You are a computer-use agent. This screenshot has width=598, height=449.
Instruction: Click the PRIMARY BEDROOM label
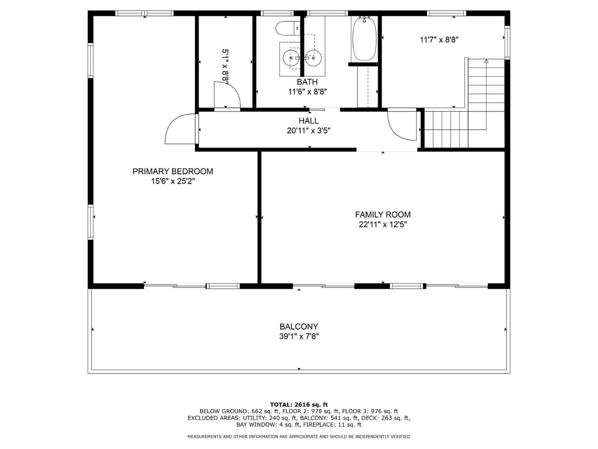(173, 171)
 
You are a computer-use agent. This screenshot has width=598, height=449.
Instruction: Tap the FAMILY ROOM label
(383, 215)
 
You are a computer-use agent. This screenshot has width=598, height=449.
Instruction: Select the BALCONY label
(299, 326)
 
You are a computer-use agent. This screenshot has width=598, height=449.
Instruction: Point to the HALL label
(308, 121)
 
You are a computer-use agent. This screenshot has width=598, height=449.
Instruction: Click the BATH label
(307, 82)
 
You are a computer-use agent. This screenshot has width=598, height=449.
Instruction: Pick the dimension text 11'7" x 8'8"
(439, 40)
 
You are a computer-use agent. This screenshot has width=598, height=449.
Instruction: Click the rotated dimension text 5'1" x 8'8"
(225, 66)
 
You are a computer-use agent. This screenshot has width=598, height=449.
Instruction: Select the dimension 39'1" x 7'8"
(299, 336)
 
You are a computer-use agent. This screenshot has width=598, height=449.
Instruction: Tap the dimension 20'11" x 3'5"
(308, 130)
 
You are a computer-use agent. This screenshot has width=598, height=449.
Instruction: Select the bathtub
(364, 39)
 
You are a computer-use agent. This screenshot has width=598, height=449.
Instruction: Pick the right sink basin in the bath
(313, 58)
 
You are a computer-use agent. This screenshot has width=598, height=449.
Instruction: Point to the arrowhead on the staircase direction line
(486, 61)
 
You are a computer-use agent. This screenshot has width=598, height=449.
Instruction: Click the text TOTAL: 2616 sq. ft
(299, 405)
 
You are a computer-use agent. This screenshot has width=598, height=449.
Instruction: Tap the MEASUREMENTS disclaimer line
(299, 437)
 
